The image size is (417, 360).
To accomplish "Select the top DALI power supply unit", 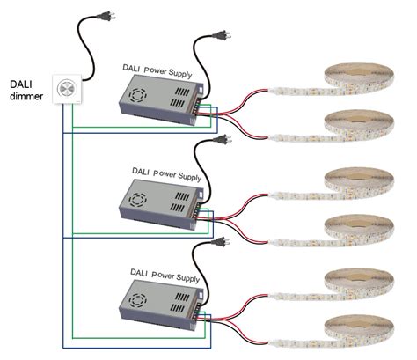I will [157, 99].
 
